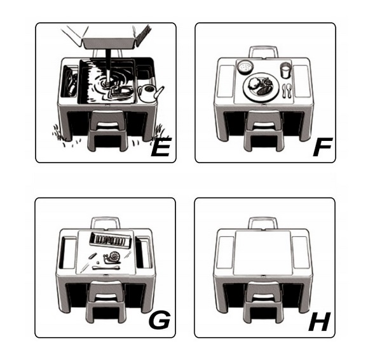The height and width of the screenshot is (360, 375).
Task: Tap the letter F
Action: coord(323,147)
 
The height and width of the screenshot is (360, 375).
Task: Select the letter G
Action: coord(160,319)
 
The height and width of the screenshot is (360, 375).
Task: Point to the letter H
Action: coord(320,321)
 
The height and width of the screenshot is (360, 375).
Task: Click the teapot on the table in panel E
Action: coord(150,93)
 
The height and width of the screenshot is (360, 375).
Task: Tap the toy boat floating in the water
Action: coord(121,91)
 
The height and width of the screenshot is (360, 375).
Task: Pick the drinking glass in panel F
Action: coord(285,70)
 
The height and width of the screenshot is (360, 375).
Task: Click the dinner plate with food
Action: coord(261,87)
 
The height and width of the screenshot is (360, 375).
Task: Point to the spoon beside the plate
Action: coord(289,90)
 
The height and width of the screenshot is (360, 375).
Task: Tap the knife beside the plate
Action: coord(284,91)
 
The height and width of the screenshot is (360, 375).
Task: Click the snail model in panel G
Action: coord(112,257)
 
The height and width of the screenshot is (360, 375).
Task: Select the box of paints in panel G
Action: coord(110,239)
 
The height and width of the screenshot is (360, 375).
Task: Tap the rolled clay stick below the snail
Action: coord(106,267)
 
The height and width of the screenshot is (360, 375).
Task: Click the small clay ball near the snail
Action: coord(98,262)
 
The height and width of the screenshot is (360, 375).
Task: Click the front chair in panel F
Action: coord(262,130)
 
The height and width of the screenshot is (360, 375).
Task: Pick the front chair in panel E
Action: coord(107,131)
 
